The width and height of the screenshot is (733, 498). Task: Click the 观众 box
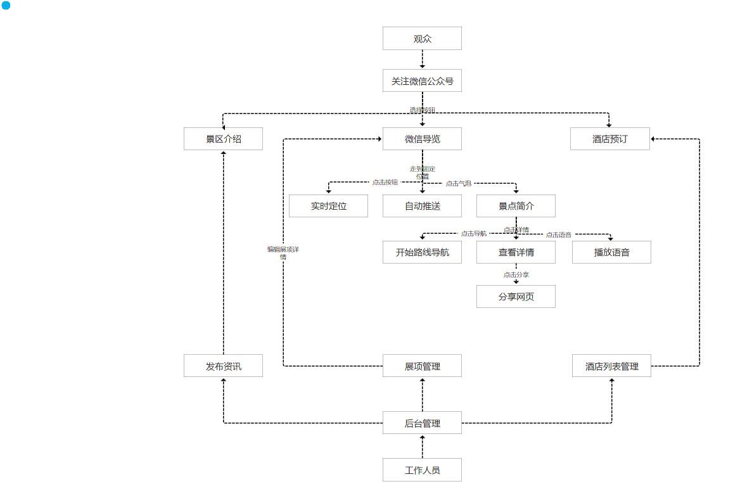422,39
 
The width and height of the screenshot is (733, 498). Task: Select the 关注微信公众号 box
422,81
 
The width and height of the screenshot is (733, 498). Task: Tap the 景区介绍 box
223,139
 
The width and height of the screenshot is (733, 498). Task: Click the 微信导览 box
422,139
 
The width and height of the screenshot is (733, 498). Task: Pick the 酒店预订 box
609,139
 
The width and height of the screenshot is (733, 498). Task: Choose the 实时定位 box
328,206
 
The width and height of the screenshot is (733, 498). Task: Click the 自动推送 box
422,206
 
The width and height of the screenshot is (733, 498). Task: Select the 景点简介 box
516,206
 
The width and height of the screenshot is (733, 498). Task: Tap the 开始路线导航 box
422,252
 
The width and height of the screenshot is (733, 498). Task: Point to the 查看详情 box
516,252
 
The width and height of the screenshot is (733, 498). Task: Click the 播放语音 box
611,252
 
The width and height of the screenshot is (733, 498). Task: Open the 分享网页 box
516,297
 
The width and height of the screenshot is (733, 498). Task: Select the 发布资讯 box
223,366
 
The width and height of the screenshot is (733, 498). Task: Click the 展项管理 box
422,366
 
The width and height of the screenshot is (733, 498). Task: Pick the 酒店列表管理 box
611,366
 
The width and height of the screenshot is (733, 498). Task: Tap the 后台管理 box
422,423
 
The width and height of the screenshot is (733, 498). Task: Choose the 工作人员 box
422,470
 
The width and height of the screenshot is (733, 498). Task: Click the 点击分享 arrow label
516,275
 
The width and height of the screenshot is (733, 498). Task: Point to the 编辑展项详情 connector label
283,253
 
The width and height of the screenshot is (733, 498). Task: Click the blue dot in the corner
6,6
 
